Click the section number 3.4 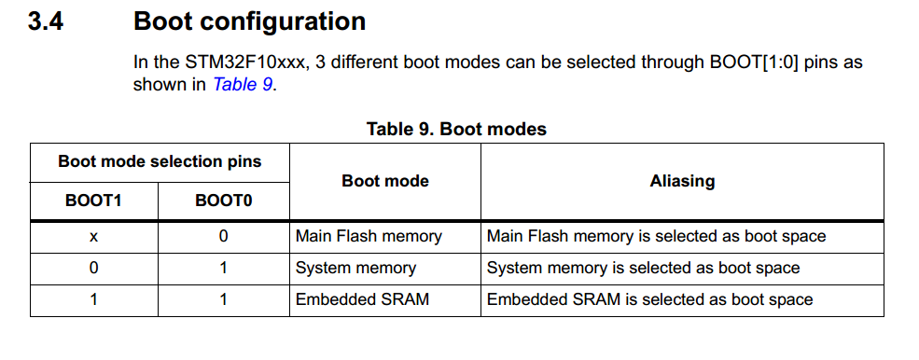(x=45, y=21)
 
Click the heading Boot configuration (x=249, y=21)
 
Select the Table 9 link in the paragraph (x=244, y=84)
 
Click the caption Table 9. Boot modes (x=456, y=129)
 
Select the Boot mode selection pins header (x=160, y=161)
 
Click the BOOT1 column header (x=93, y=200)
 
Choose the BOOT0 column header (x=223, y=200)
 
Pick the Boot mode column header (x=384, y=181)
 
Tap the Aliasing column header (x=682, y=181)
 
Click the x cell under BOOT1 (x=93, y=236)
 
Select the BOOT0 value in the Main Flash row (x=223, y=236)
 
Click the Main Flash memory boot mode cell (x=369, y=236)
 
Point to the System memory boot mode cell (x=355, y=268)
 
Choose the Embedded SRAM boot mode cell (x=362, y=299)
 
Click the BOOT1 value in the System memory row (x=93, y=268)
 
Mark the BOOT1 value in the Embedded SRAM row (x=93, y=299)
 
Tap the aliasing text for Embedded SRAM (x=649, y=299)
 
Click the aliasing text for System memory (x=643, y=268)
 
